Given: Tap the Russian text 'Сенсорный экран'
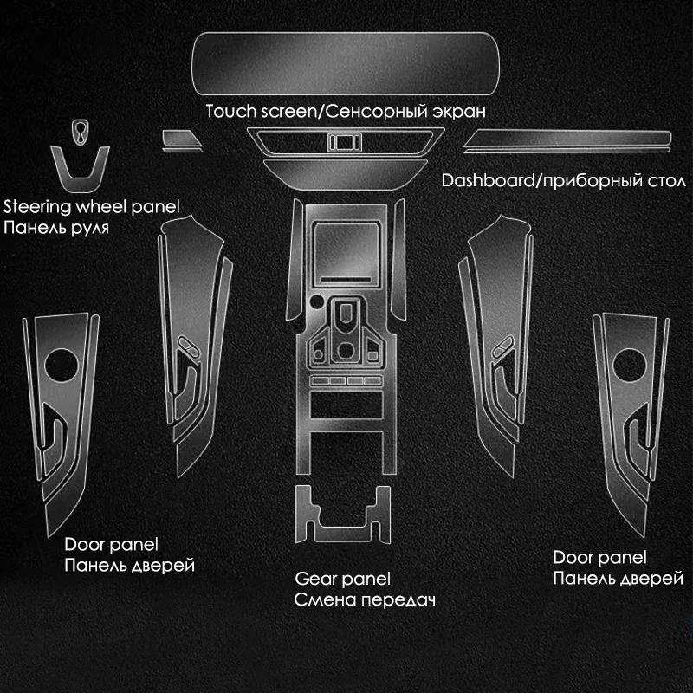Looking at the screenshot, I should point(385,112).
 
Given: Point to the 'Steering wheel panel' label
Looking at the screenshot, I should point(91,207).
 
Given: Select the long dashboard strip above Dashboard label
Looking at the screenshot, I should point(567,140).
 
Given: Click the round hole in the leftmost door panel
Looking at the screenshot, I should point(62,364).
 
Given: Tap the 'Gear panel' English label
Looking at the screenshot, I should point(342,578).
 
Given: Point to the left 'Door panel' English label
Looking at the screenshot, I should point(111,545).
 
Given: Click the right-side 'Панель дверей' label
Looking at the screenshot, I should point(618,578).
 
